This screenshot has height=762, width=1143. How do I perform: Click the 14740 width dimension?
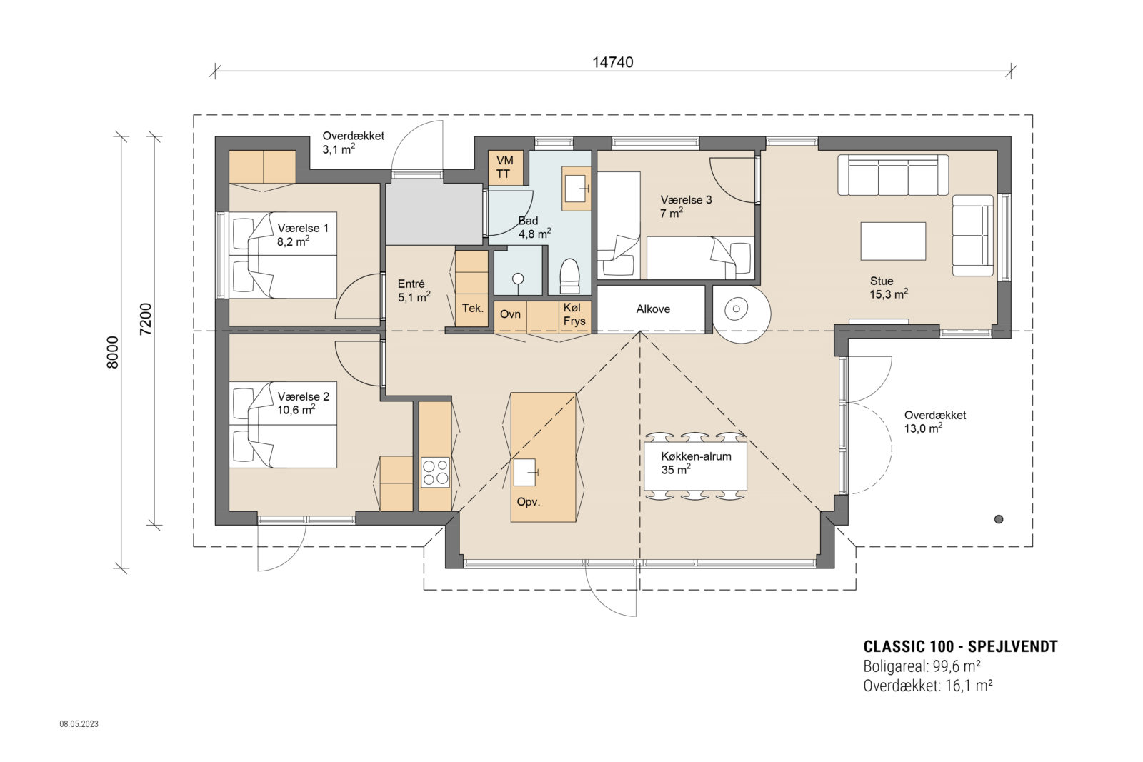coord(612,62)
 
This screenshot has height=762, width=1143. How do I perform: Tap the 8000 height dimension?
coord(113,352)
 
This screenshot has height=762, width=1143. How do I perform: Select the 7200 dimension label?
coord(146,319)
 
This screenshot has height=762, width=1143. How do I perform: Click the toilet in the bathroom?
coord(569,276)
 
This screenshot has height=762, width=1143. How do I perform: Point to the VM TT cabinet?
coord(506,167)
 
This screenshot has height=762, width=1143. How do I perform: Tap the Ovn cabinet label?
coord(510,314)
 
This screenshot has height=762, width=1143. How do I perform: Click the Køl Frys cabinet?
coord(575,317)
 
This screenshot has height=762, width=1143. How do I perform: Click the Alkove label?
coord(653,309)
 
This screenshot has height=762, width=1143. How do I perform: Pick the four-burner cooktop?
coord(435,472)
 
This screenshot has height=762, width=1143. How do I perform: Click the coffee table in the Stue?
coord(893,241)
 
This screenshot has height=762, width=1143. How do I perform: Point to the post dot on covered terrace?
coord(999,519)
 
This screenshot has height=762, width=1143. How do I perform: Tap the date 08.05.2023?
coord(79,723)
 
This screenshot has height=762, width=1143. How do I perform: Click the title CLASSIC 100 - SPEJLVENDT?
coord(960,647)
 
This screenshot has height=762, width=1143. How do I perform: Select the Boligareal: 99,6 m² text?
coord(922,666)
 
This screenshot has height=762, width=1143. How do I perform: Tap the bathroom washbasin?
coord(577,189)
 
